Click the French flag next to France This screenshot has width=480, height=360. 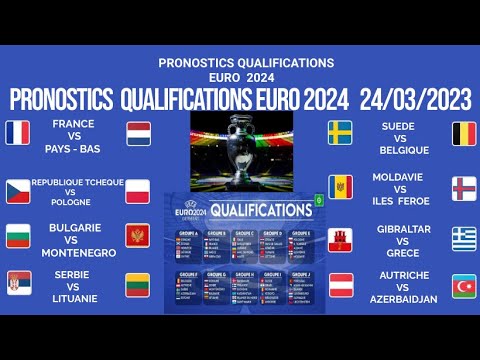click(x=18, y=132)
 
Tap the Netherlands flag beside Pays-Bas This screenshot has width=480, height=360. click(x=138, y=133)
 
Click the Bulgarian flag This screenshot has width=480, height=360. click(x=18, y=237)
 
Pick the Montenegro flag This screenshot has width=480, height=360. click(x=138, y=236)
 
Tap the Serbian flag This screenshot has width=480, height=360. click(x=18, y=283)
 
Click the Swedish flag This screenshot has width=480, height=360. click(x=341, y=132)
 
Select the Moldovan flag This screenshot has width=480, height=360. click(x=341, y=187)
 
